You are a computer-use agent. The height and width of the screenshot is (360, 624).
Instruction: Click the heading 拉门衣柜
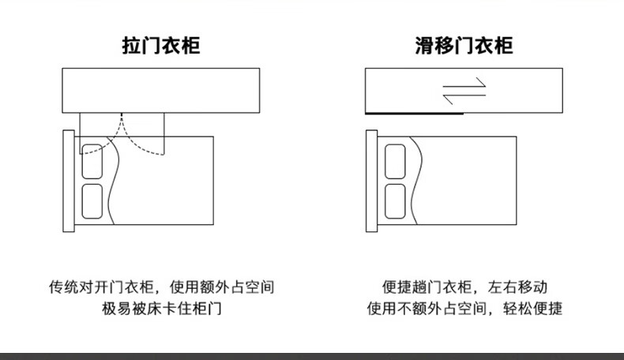pyautogui.click(x=161, y=46)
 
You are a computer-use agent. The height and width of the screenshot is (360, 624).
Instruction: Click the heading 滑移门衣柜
pyautogui.click(x=464, y=46)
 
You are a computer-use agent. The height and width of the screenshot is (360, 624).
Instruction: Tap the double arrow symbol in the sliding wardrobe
pyautogui.click(x=464, y=92)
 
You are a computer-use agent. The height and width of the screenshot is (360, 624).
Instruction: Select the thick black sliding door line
pyautogui.click(x=413, y=114)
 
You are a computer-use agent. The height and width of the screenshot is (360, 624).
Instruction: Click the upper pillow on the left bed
pyautogui.click(x=93, y=161)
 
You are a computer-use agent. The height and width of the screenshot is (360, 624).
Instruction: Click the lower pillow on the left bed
pyautogui.click(x=93, y=202)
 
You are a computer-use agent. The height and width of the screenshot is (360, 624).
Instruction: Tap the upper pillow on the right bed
pyautogui.click(x=395, y=161)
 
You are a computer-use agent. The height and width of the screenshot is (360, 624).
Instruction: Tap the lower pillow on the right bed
pyautogui.click(x=395, y=202)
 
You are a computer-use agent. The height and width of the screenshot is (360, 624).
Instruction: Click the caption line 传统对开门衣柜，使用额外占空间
pyautogui.click(x=161, y=287)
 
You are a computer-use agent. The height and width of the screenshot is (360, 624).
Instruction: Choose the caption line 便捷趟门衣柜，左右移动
pyautogui.click(x=464, y=287)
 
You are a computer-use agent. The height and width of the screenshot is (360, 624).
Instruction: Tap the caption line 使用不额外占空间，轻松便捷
pyautogui.click(x=464, y=309)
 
